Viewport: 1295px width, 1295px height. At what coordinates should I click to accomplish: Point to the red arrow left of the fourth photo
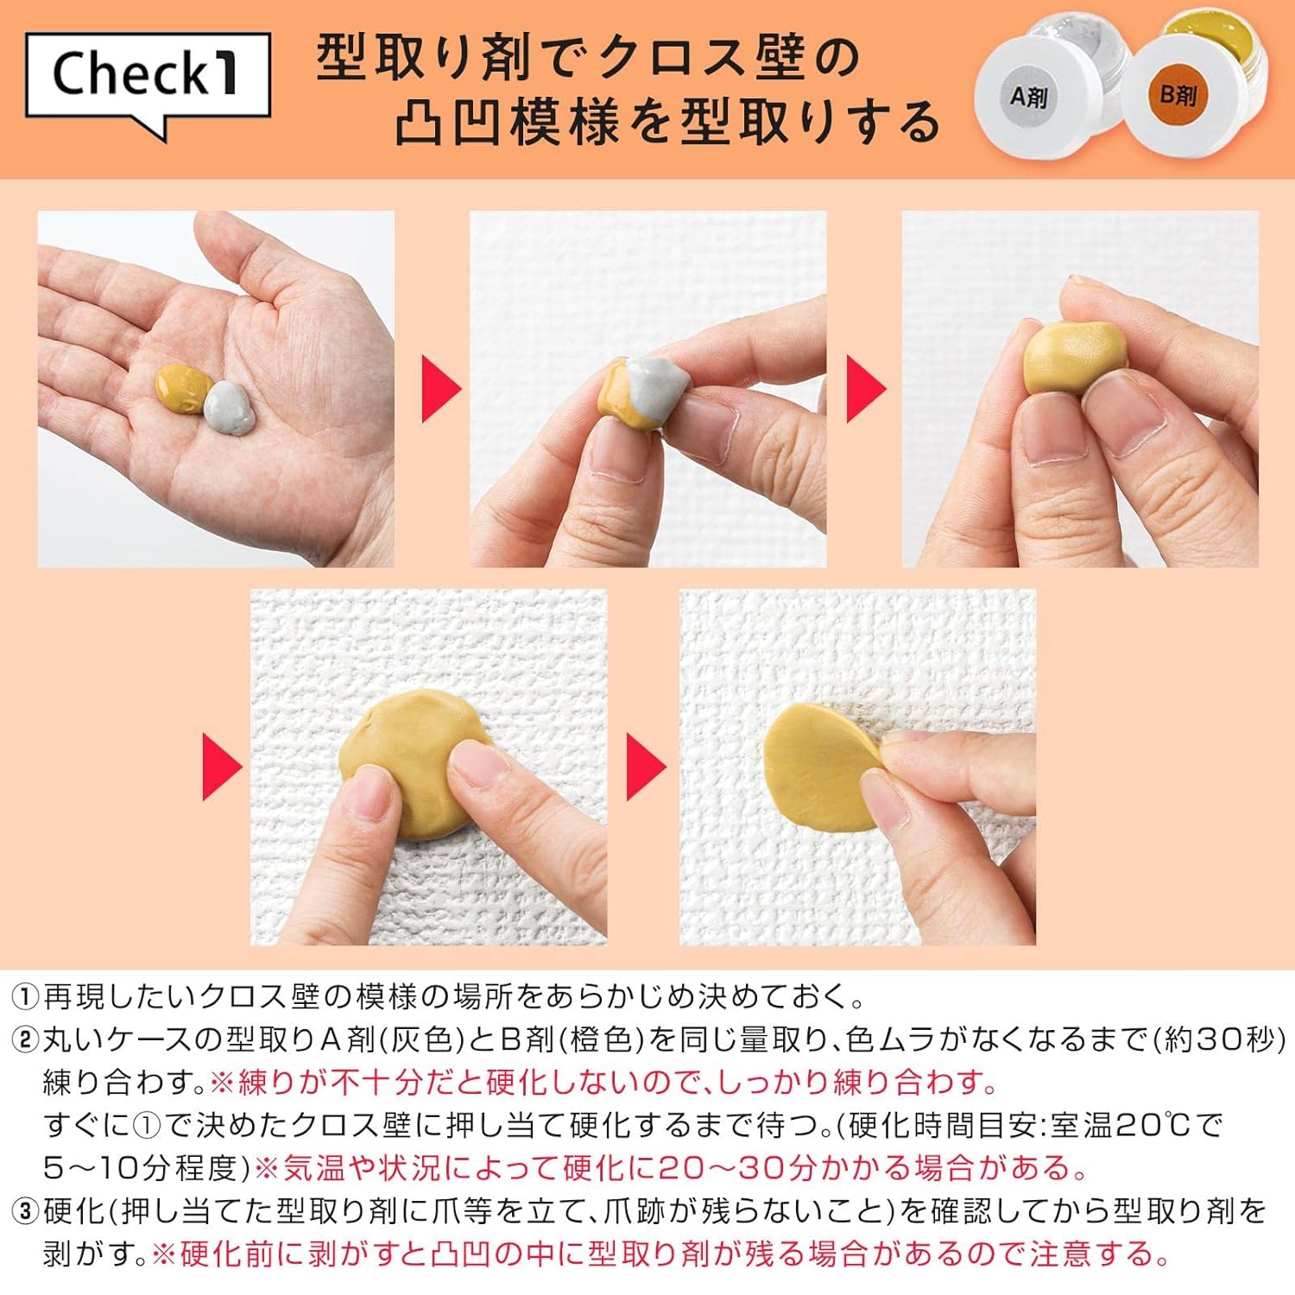coord(221,767)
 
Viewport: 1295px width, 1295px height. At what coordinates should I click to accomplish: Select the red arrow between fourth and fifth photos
coord(645,767)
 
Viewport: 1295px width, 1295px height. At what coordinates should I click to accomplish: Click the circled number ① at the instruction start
coord(25,998)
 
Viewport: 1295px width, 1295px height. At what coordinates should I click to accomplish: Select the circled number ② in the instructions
coord(25,1040)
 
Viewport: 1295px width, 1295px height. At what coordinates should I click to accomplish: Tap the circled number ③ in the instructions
coord(25,1211)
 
